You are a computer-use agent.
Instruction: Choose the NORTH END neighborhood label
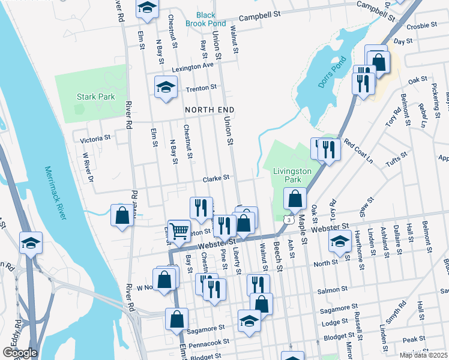208,110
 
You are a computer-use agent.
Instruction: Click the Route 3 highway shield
290,221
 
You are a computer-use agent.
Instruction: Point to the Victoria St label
95,139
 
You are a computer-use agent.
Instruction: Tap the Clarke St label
216,178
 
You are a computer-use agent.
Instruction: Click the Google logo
19,353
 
